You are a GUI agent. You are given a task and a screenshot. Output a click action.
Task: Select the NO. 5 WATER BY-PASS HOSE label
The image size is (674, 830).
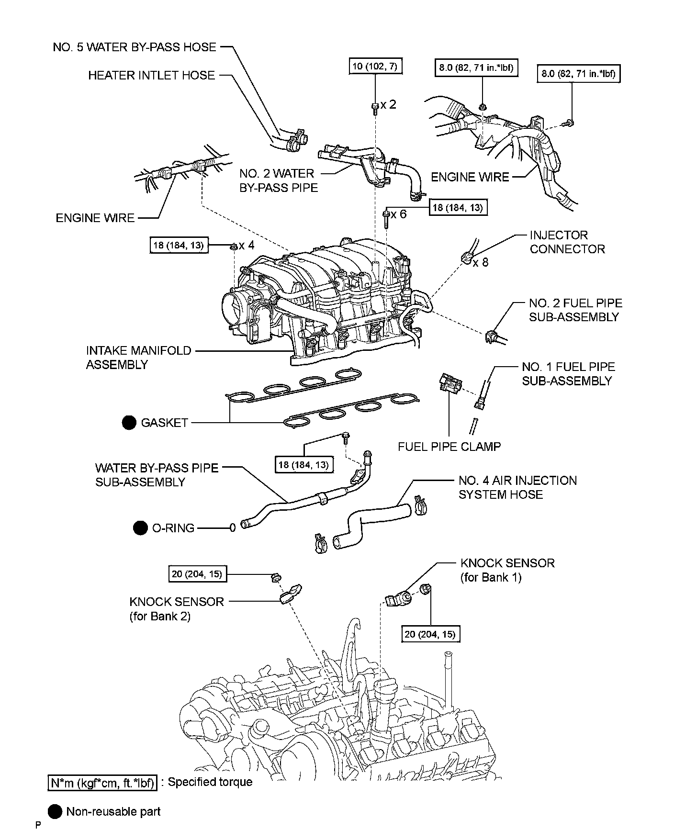[x=135, y=47]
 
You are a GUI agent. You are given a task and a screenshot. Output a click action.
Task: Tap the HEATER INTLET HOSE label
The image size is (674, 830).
[x=151, y=75]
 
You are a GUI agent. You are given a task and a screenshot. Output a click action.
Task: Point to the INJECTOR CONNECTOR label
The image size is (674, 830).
[x=567, y=242]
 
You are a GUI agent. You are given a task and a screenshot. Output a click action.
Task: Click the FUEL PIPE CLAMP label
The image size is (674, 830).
[x=449, y=447]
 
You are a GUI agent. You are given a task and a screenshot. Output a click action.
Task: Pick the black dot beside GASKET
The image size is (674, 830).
[x=129, y=423]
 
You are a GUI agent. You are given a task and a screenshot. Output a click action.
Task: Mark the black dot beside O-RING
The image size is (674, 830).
[x=140, y=528]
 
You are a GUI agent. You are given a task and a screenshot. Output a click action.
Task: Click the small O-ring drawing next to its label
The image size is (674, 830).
[x=233, y=528]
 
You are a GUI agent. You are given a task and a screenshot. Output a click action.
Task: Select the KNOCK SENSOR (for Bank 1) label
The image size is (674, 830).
[x=507, y=570]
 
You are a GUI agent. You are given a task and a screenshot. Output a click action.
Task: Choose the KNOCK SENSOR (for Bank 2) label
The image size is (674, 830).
[x=176, y=608]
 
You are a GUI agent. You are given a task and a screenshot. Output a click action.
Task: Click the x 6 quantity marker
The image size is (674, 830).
[x=398, y=214]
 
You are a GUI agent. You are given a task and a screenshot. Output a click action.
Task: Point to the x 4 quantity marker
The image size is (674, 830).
[x=247, y=246]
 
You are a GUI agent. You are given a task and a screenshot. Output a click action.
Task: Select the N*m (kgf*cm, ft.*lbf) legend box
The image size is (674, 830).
[x=102, y=782]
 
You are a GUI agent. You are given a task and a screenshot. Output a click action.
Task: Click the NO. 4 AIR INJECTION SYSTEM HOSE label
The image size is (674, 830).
[x=517, y=487]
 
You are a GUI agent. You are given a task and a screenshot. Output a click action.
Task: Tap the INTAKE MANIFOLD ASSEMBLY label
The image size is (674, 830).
[x=138, y=357]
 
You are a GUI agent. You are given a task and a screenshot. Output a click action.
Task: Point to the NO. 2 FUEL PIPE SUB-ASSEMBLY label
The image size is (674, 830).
[x=575, y=310]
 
